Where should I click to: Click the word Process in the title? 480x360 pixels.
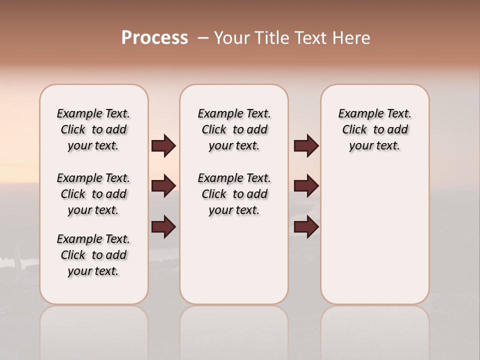[154, 38]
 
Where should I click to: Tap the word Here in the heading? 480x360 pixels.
[352, 38]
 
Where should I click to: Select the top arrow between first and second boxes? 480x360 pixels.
[163, 146]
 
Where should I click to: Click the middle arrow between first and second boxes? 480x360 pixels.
[163, 186]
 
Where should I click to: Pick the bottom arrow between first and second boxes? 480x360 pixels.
[163, 227]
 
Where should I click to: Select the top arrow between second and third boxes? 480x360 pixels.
[306, 146]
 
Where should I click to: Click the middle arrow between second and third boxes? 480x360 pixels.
[306, 186]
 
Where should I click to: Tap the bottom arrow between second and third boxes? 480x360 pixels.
[306, 227]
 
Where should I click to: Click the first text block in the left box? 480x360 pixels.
[93, 129]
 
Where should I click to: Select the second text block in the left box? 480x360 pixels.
[93, 194]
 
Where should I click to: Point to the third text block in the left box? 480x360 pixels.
[93, 255]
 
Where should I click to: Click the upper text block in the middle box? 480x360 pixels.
[234, 129]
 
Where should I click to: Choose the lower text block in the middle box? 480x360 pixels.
[234, 194]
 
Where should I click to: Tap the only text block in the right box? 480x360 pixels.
[374, 129]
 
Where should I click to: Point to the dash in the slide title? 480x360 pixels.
[203, 38]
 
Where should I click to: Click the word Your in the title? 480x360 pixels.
[232, 38]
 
